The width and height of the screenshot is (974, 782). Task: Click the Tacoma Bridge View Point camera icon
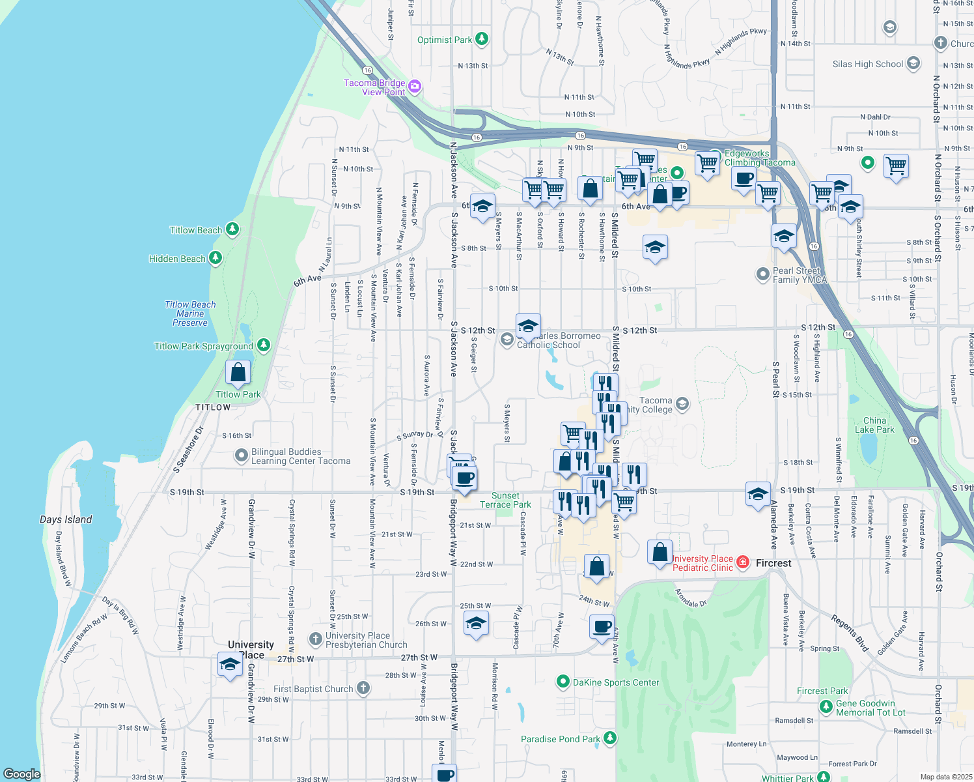pyautogui.click(x=415, y=86)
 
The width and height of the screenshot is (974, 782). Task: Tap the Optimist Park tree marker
pyautogui.click(x=482, y=39)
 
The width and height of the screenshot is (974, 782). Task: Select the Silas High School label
pyautogui.click(x=868, y=64)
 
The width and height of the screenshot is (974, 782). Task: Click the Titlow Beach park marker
pyautogui.click(x=232, y=229)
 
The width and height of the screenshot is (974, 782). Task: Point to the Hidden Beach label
pyautogui.click(x=177, y=259)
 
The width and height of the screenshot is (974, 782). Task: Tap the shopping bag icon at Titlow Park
pyautogui.click(x=238, y=373)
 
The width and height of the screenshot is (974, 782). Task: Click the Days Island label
pyautogui.click(x=66, y=519)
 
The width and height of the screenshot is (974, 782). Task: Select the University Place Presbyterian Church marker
pyautogui.click(x=316, y=639)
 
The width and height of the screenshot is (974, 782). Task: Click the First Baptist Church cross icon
pyautogui.click(x=363, y=688)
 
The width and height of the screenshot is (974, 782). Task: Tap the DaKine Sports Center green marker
pyautogui.click(x=563, y=682)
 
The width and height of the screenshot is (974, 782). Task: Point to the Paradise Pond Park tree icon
pyautogui.click(x=610, y=738)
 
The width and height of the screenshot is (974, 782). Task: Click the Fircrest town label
pyautogui.click(x=773, y=563)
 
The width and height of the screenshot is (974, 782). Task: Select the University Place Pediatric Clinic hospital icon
pyautogui.click(x=743, y=562)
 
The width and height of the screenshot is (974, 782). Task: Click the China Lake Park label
pyautogui.click(x=874, y=425)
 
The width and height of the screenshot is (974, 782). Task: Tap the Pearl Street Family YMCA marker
pyautogui.click(x=763, y=274)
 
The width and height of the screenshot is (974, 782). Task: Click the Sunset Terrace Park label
pyautogui.click(x=505, y=500)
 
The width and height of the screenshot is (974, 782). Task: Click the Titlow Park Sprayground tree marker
pyautogui.click(x=264, y=345)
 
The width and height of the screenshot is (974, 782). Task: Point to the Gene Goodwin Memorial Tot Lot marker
pyautogui.click(x=826, y=706)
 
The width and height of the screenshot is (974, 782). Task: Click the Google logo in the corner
pyautogui.click(x=21, y=774)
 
